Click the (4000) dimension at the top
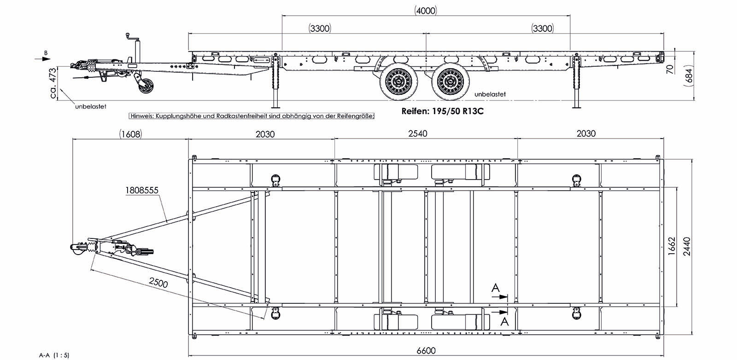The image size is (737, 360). pyautogui.click(x=425, y=11)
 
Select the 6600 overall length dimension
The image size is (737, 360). pyautogui.click(x=426, y=351)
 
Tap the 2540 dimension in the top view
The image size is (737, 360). pyautogui.click(x=417, y=134)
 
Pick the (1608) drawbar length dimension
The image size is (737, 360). pyautogui.click(x=130, y=134)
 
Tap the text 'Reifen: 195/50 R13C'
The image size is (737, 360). pyautogui.click(x=442, y=111)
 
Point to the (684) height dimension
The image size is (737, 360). pyautogui.click(x=689, y=74)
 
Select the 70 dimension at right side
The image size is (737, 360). pyautogui.click(x=670, y=69)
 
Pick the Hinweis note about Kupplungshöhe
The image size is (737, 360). pyautogui.click(x=252, y=116)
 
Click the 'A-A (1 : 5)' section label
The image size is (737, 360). pyautogui.click(x=54, y=355)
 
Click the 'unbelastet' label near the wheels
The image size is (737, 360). pyautogui.click(x=490, y=94)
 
